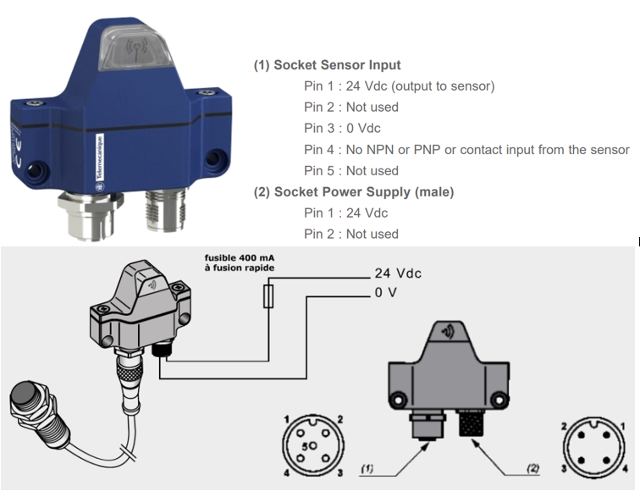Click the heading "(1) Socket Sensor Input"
click(327, 65)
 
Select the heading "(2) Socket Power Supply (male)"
click(354, 192)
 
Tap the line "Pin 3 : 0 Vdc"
click(342, 129)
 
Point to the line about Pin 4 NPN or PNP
click(466, 150)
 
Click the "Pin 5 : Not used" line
click(350, 171)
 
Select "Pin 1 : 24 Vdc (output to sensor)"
click(399, 86)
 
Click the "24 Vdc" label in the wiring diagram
click(397, 274)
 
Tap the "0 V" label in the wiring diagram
click(385, 293)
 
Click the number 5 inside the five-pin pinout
click(306, 446)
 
